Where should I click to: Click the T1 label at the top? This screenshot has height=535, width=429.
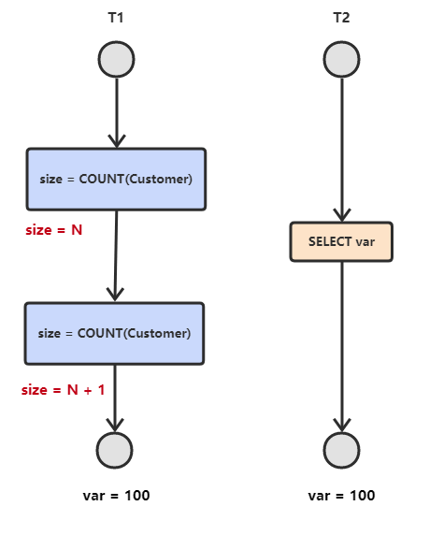(x=116, y=18)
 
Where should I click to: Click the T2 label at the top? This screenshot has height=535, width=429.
(x=341, y=18)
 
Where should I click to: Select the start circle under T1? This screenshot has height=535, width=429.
(x=116, y=59)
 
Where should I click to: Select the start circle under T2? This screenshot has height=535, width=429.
(x=341, y=59)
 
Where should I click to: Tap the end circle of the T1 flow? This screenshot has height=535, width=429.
(x=115, y=450)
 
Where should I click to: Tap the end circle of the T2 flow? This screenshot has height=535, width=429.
(x=341, y=450)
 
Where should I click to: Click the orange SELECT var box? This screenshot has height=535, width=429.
(x=341, y=241)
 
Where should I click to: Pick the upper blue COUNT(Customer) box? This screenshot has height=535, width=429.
(x=116, y=180)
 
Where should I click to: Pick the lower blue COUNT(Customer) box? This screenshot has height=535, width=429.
(x=115, y=333)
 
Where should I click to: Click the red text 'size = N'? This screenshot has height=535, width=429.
(x=54, y=230)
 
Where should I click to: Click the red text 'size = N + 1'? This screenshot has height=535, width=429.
(x=64, y=390)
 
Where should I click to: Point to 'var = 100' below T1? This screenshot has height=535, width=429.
(x=116, y=496)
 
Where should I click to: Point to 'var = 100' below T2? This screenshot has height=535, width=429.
(x=341, y=496)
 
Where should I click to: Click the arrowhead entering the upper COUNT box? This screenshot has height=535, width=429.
(x=117, y=141)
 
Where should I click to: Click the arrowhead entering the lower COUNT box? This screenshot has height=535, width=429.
(x=115, y=295)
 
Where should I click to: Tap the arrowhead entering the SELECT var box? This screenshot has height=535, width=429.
(x=342, y=215)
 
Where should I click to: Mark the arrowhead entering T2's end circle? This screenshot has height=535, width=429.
(x=342, y=426)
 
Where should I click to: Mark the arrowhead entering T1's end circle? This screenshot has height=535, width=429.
(x=115, y=426)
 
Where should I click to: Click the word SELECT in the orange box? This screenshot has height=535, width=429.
(x=330, y=241)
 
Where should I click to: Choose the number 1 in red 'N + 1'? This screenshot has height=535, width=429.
(x=101, y=390)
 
